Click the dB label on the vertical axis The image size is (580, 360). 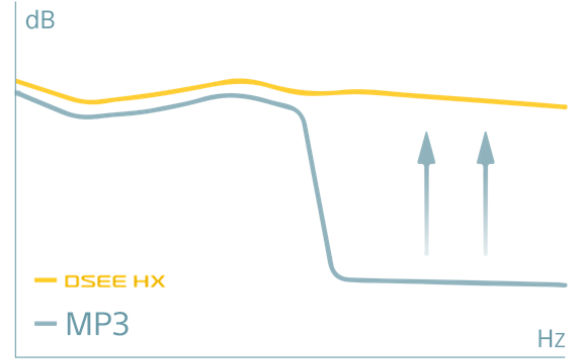[39, 19]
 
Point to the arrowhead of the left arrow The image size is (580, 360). [427, 146]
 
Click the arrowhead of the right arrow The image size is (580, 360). [486, 146]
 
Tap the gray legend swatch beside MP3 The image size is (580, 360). [45, 323]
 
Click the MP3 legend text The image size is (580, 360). [97, 323]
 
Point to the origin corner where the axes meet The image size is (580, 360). [13, 353]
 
